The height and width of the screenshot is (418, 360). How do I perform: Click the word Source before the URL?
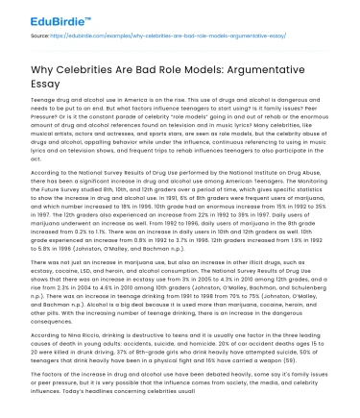coord(41,35)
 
